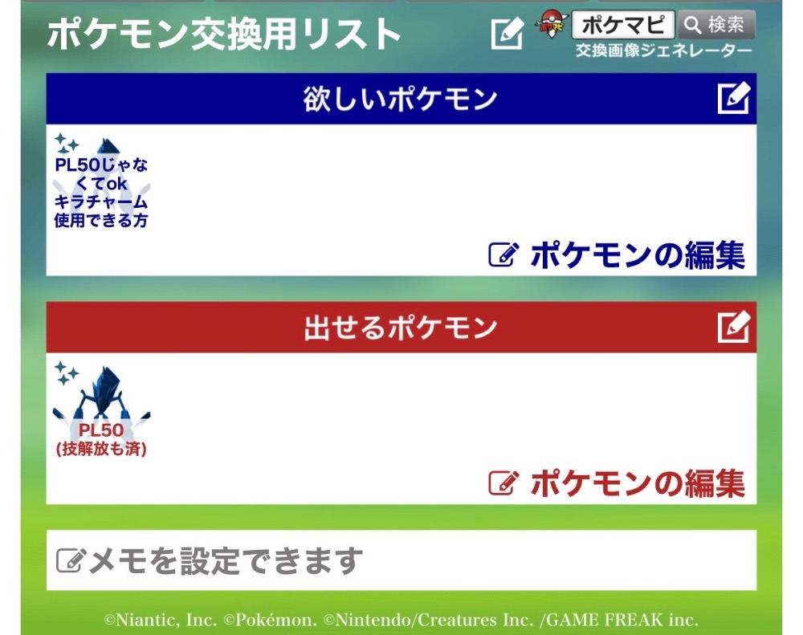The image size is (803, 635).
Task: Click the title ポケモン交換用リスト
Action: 224,35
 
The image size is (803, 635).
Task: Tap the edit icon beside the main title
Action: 507,34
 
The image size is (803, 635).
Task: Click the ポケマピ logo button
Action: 623,25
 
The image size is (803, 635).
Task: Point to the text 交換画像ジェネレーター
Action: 664,51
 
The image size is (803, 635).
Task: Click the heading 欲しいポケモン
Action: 400,98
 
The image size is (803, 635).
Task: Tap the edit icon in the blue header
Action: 734,98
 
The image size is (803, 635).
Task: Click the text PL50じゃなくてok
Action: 101,174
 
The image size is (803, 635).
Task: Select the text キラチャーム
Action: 101,201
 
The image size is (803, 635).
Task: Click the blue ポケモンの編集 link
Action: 617,255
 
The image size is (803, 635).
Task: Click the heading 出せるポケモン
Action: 400,328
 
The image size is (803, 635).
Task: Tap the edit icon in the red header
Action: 734,327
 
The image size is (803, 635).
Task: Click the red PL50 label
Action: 101,430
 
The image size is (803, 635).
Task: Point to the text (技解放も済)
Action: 101,449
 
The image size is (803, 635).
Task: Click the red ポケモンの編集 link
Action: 617,483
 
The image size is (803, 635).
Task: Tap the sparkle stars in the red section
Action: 66,372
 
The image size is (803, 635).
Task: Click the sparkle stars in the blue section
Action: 66,144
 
